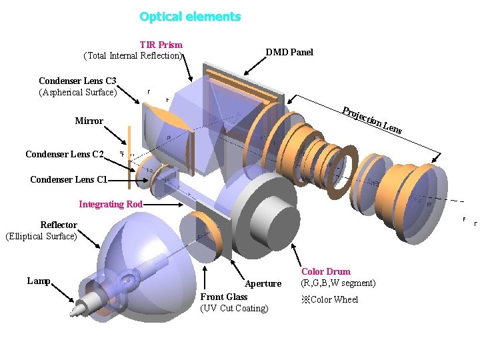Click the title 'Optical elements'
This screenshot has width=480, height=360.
click(190, 17)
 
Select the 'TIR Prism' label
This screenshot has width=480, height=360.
click(161, 45)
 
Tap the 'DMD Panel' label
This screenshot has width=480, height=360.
click(289, 52)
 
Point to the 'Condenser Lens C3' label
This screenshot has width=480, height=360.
click(77, 81)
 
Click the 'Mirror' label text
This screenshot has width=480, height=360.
click(89, 121)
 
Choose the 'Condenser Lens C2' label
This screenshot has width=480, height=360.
click(65, 155)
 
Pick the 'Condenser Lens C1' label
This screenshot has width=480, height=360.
click(69, 179)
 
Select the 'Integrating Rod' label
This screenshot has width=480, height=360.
click(111, 204)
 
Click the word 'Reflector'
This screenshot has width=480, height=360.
click(59, 225)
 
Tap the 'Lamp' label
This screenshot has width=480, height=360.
click(39, 281)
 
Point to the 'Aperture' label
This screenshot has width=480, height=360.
click(263, 283)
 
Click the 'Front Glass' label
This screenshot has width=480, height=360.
click(224, 297)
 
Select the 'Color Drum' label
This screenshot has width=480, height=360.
click(325, 271)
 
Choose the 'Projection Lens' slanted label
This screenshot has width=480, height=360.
click(372, 120)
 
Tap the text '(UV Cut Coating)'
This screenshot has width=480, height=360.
click(234, 308)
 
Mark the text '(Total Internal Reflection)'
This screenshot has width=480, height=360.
click(132, 56)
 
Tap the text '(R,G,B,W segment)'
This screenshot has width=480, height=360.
click(338, 283)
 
